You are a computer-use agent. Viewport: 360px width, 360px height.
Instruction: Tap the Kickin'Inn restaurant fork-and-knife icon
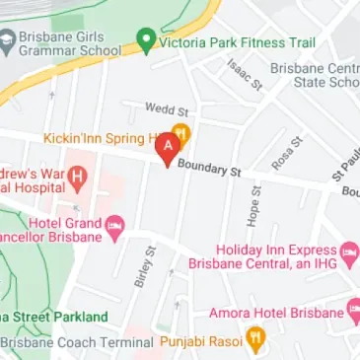coord(180,134)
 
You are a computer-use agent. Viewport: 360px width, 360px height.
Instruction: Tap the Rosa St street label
coord(283,153)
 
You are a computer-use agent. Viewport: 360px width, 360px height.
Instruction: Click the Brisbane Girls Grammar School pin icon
coord(8,41)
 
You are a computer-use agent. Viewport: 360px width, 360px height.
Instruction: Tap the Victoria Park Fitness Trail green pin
coord(146,41)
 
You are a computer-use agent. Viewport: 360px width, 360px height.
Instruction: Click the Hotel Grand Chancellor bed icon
coord(114,229)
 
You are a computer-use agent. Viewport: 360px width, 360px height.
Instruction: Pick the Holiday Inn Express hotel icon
coord(350,257)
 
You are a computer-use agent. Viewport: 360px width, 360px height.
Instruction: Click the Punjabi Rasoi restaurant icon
coord(255,341)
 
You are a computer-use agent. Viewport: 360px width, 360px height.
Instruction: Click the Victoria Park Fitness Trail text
coord(236,42)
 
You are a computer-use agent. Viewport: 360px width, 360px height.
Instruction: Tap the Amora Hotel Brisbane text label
coord(275,314)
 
